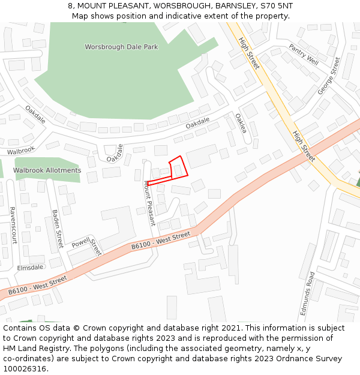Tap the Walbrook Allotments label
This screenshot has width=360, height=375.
pyautogui.click(x=47, y=170)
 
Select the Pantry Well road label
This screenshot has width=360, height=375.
pyautogui.click(x=303, y=54)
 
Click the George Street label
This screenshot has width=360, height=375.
pyautogui.click(x=329, y=76)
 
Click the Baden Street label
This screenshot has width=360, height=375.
pyautogui.click(x=58, y=229)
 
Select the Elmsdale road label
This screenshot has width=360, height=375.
pyautogui.click(x=31, y=268)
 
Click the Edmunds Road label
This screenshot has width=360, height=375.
pyautogui.click(x=307, y=294)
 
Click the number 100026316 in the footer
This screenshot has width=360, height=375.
pyautogui.click(x=24, y=368)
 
